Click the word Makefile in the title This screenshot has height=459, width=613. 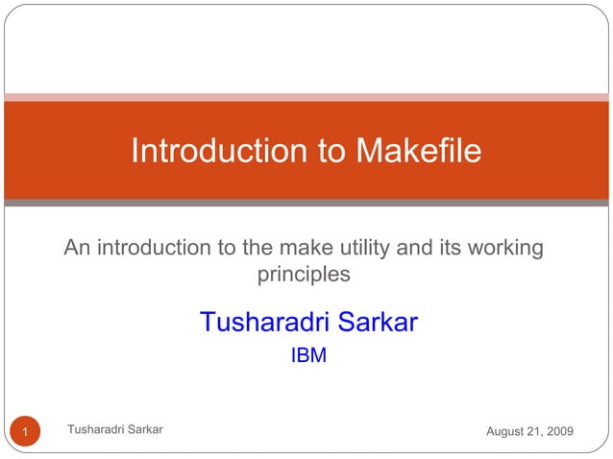[x=418, y=152]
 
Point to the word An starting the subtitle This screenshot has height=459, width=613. [x=78, y=249]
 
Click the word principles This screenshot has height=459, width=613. [x=304, y=275]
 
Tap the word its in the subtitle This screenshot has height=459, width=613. [x=447, y=249]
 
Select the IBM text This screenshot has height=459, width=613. [x=308, y=356]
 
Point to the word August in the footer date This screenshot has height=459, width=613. [x=506, y=432]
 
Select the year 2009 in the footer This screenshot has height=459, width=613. [x=558, y=432]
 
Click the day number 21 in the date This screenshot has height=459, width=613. [x=533, y=432]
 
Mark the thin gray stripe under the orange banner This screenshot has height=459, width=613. [x=306, y=203]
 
